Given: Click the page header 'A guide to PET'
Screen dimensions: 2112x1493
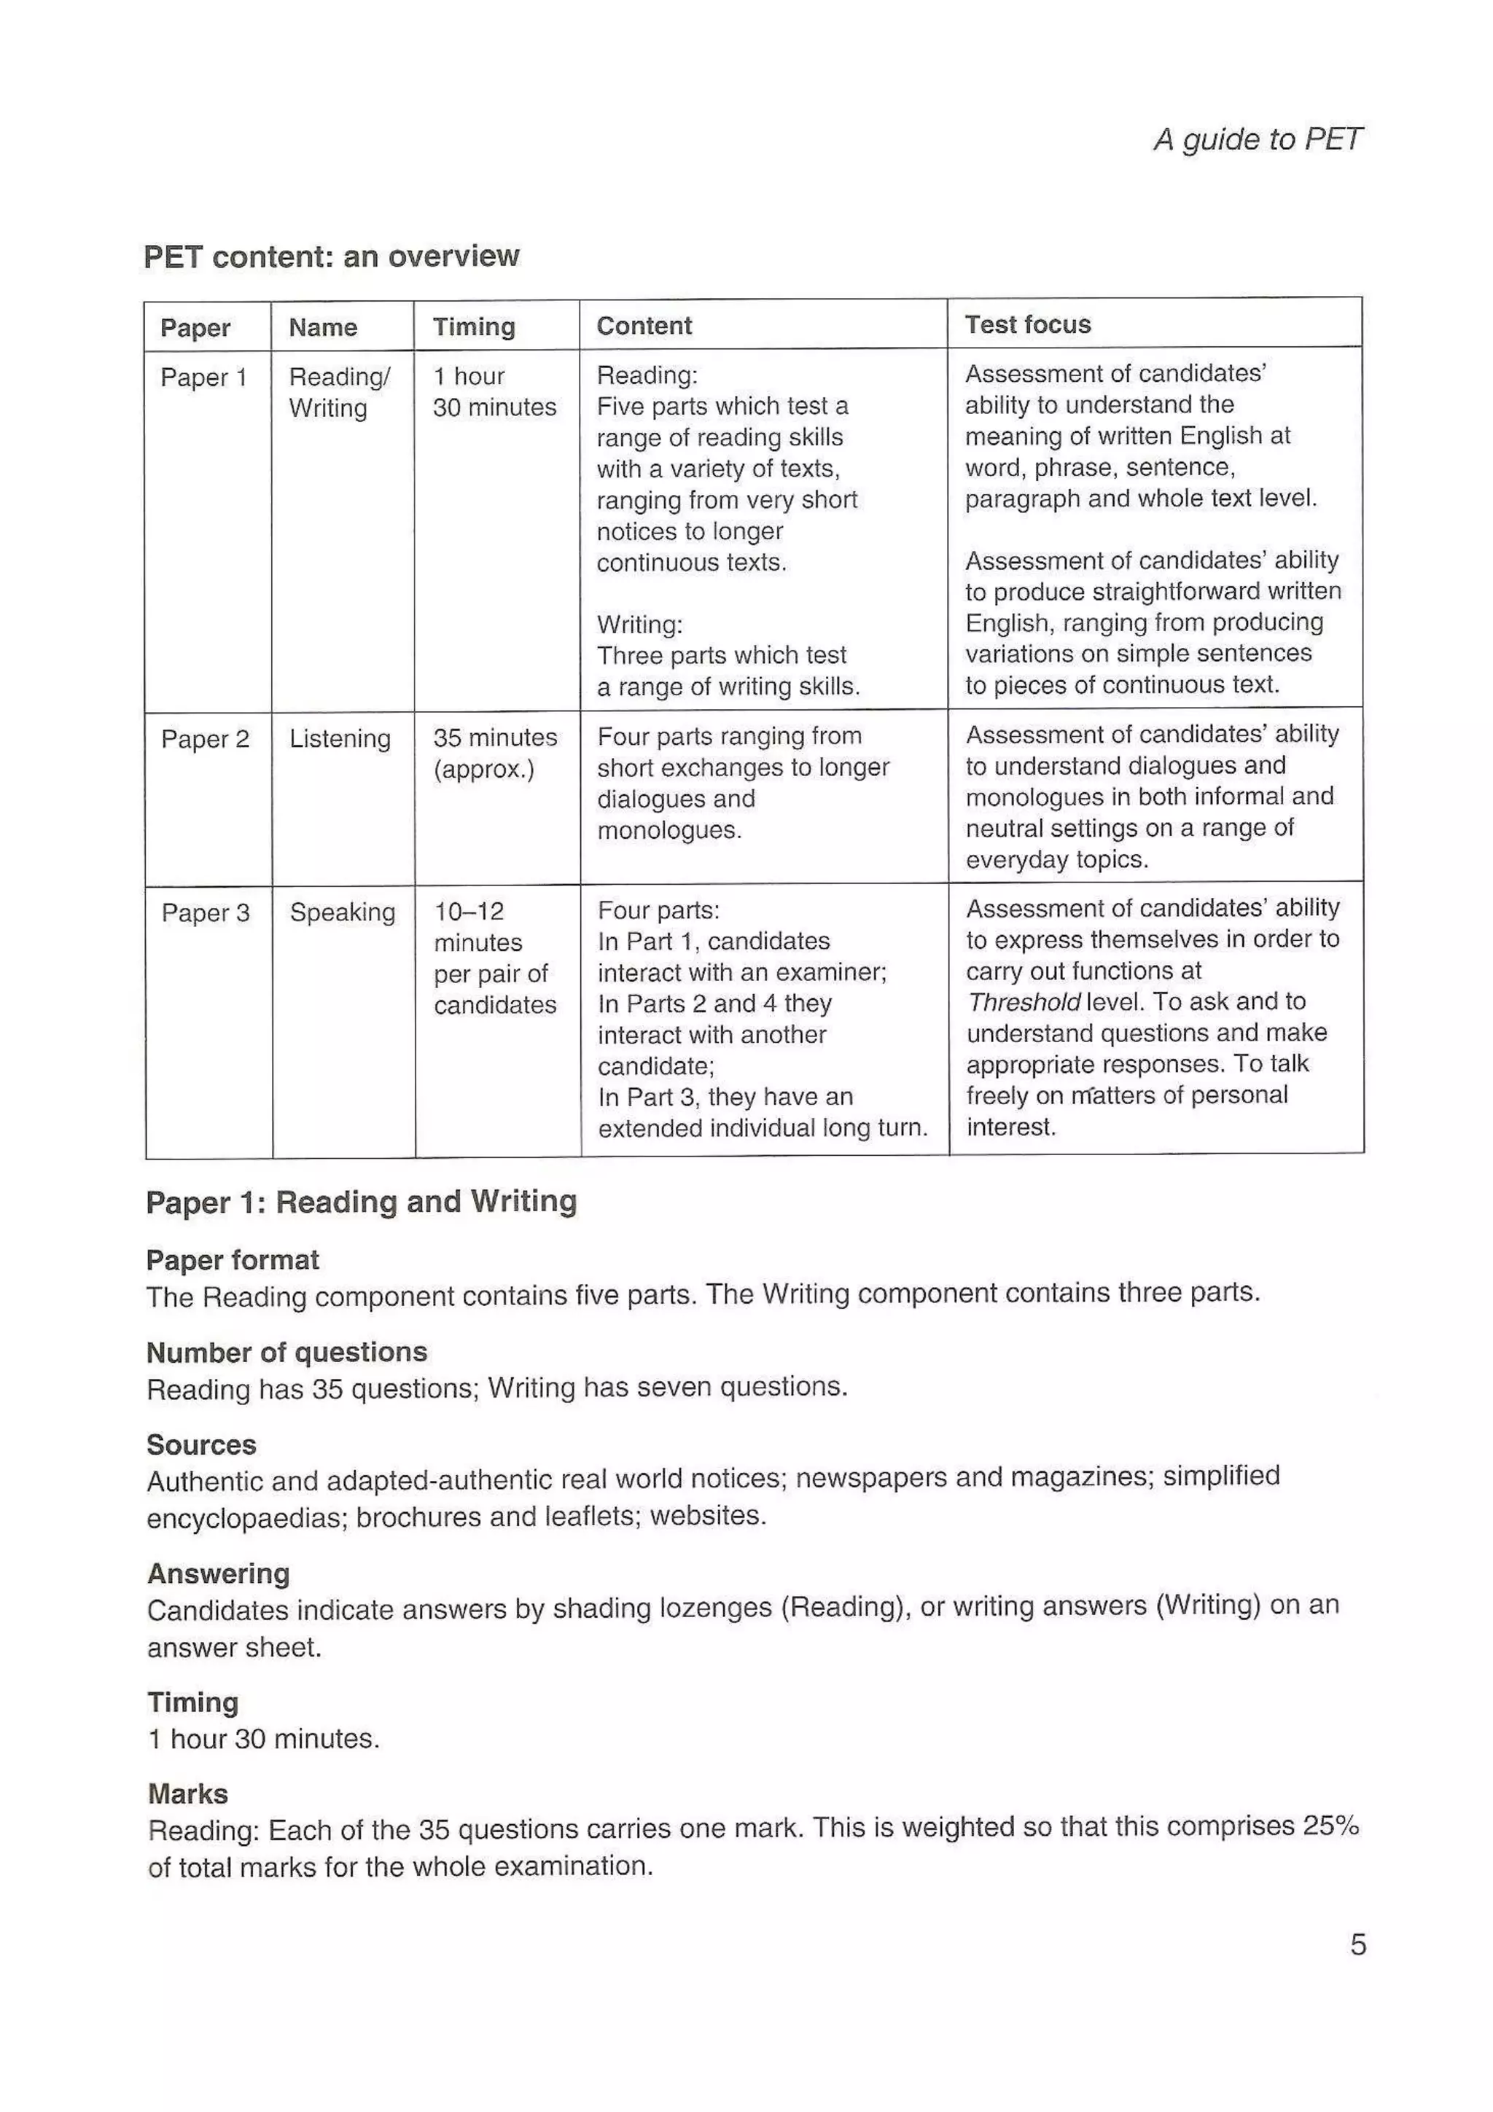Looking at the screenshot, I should (x=1257, y=140).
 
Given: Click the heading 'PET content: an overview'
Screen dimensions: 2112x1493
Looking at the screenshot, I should (x=331, y=256).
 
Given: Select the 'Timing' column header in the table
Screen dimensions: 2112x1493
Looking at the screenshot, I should (x=474, y=326).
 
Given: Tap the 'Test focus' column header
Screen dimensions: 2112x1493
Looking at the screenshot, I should (x=1027, y=325).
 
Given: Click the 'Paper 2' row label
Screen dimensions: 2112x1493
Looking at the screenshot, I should (x=205, y=739).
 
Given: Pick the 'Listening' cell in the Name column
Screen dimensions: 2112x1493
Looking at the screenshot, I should (x=340, y=739).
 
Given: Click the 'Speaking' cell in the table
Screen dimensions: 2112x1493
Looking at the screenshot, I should (x=342, y=912).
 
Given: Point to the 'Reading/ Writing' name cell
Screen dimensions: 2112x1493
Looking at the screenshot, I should (x=338, y=392).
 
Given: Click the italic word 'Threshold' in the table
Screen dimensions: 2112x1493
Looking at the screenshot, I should (x=1023, y=1002).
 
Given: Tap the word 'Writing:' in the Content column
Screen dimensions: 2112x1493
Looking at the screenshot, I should (x=639, y=625).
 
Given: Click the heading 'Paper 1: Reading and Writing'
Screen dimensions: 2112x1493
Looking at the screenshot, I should (x=362, y=1202).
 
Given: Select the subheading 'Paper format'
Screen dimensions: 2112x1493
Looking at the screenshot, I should (x=233, y=1260).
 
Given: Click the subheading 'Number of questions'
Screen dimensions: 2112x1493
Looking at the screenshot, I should (x=287, y=1352).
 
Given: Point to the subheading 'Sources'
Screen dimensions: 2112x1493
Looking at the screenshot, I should (x=201, y=1444).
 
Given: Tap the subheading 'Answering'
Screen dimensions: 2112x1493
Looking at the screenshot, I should (x=219, y=1574).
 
